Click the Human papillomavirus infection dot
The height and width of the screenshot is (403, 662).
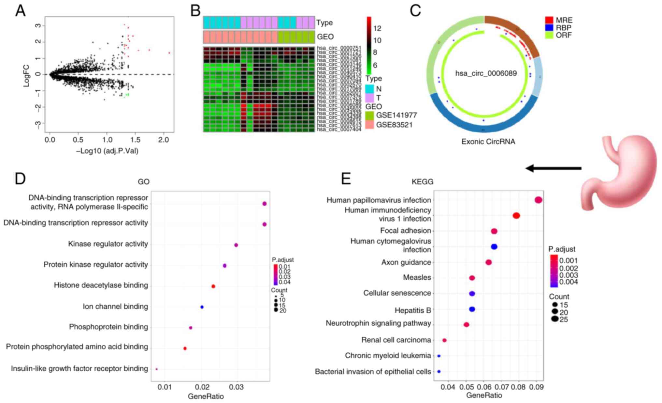pyautogui.click(x=538, y=200)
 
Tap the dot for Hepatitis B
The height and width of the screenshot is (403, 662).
pyautogui.click(x=472, y=309)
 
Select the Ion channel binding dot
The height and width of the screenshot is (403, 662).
pyautogui.click(x=202, y=307)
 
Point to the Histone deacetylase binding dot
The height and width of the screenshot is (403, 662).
pyautogui.click(x=213, y=287)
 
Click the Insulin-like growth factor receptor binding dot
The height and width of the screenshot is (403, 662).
pyautogui.click(x=157, y=369)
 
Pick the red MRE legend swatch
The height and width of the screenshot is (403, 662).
pyautogui.click(x=549, y=20)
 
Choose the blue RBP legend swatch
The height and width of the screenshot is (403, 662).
pyautogui.click(x=549, y=28)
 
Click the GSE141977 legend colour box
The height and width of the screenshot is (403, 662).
pyautogui.click(x=369, y=115)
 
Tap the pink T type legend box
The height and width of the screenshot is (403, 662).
pyautogui.click(x=369, y=98)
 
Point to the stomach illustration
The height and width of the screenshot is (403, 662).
pyautogui.click(x=619, y=173)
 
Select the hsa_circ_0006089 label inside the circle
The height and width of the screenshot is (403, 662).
pyautogui.click(x=486, y=73)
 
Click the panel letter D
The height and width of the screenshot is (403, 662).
pyautogui.click(x=20, y=179)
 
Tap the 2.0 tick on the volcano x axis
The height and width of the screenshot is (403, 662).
pyautogui.click(x=164, y=140)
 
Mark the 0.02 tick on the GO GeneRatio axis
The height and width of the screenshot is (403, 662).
pyautogui.click(x=202, y=387)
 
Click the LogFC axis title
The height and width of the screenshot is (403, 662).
pyautogui.click(x=26, y=76)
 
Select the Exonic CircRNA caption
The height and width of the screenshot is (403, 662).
pyautogui.click(x=488, y=142)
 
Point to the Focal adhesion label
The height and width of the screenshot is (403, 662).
pyautogui.click(x=406, y=231)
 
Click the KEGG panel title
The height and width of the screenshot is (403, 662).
pyautogui.click(x=423, y=182)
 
